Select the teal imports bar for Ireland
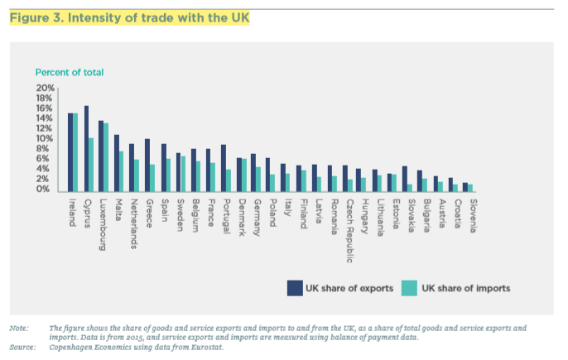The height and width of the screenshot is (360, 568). (x=75, y=152)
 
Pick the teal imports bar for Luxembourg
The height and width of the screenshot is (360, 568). (x=106, y=157)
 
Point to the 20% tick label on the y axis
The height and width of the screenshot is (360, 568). (x=45, y=88)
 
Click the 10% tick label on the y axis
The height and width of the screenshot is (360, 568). (x=45, y=138)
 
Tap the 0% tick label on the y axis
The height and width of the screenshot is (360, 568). (x=47, y=190)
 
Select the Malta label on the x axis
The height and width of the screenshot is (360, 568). (x=119, y=207)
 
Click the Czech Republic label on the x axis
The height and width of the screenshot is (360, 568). (x=349, y=222)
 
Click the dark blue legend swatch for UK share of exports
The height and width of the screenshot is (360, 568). (x=295, y=288)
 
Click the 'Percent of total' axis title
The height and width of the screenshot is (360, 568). (x=69, y=72)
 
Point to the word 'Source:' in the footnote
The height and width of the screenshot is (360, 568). (x=22, y=347)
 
